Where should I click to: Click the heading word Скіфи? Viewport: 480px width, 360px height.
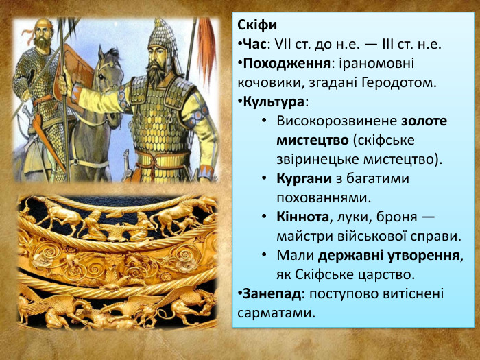[x=257, y=25]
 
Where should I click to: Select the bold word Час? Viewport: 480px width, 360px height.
[x=254, y=45]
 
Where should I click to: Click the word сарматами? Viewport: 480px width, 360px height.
[x=274, y=313]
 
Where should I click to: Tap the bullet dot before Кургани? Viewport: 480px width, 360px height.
[x=264, y=178]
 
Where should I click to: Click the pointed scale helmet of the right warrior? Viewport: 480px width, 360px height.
[x=163, y=34]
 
